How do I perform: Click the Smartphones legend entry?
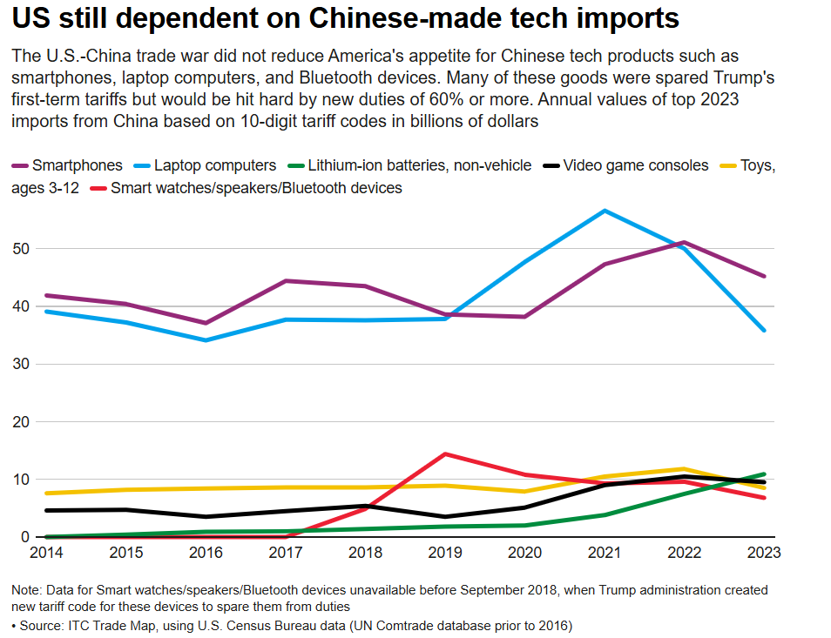pyautogui.click(x=77, y=165)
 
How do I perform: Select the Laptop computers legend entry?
pyautogui.click(x=215, y=165)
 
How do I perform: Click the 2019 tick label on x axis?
pyautogui.click(x=445, y=553)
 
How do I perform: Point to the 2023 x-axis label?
pyautogui.click(x=763, y=553)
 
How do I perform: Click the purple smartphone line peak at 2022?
pyautogui.click(x=685, y=242)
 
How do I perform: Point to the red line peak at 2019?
pyautogui.click(x=445, y=453)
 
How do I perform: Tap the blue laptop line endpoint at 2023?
pyautogui.click(x=765, y=331)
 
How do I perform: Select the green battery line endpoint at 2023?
pyautogui.click(x=765, y=474)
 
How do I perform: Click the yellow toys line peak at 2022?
pyautogui.click(x=685, y=469)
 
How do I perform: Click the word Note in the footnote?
pyautogui.click(x=28, y=590)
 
